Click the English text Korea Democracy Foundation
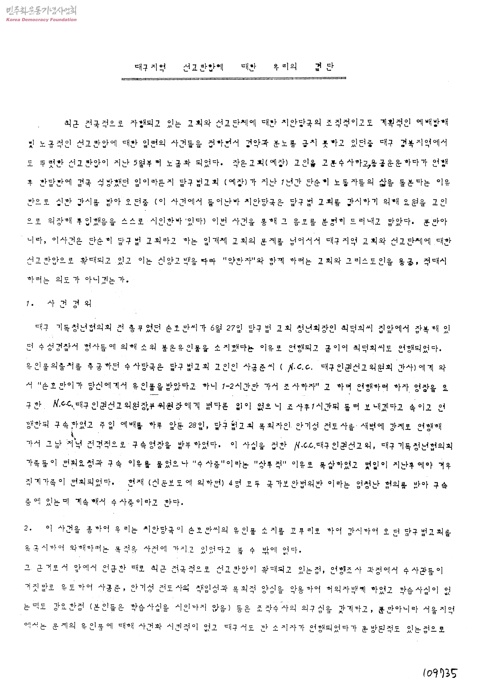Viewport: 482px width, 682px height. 41,20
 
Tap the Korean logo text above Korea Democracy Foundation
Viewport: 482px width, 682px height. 41,11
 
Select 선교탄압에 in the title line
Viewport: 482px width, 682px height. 203,67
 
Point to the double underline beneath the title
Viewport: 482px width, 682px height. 234,79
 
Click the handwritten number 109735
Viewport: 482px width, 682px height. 439,672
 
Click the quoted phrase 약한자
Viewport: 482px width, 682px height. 243,261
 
